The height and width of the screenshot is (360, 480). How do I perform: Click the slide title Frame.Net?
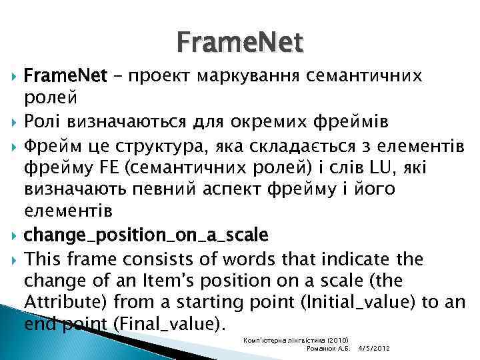pos(240,43)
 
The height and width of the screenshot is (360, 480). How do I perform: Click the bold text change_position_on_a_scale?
pos(145,235)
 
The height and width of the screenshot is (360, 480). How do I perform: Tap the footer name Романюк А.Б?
pos(327,349)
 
